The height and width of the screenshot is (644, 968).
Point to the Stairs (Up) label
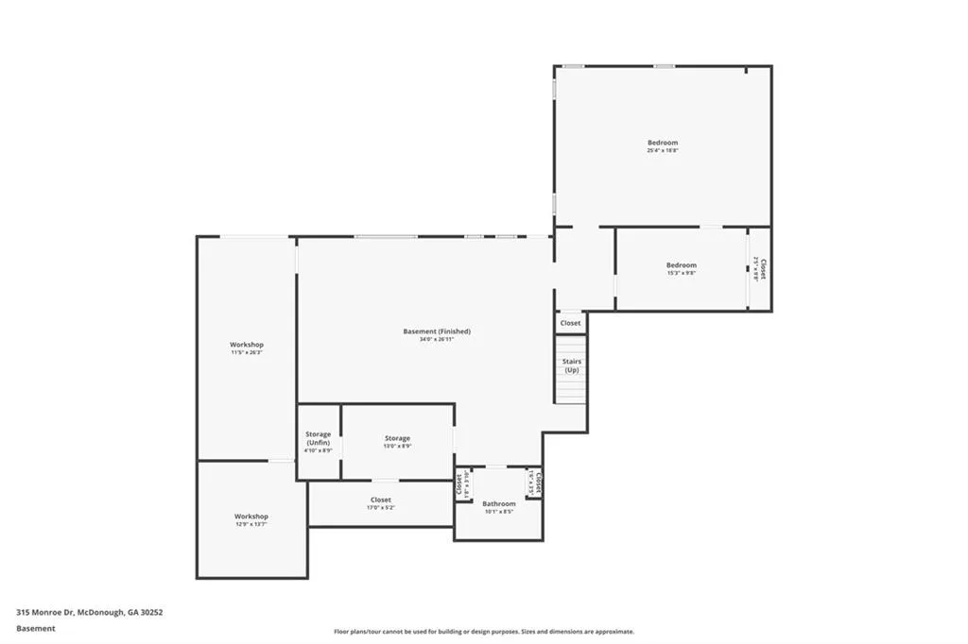[x=571, y=365]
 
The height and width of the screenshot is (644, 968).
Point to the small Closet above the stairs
[x=570, y=323]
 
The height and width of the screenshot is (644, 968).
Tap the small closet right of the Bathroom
[x=535, y=483]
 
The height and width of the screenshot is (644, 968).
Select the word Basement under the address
[x=36, y=628]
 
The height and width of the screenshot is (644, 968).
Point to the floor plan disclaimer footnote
[x=483, y=632]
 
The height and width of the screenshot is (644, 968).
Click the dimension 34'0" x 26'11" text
[x=437, y=339]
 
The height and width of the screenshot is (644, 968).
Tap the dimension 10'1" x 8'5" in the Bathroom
[x=498, y=512]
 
